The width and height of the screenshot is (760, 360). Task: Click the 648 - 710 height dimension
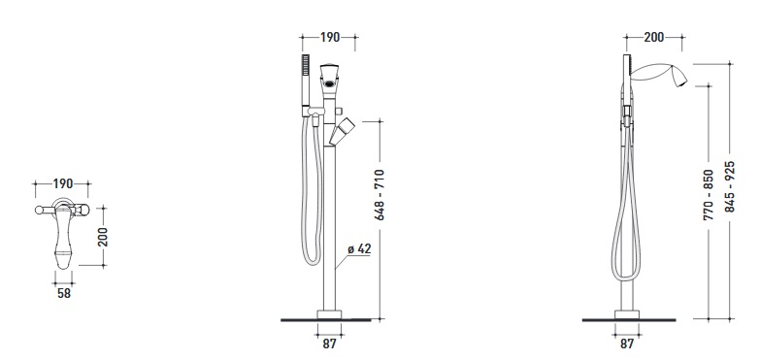coord(380,194)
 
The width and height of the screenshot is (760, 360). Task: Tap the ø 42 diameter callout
coord(359,249)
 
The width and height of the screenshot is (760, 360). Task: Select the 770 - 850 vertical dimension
coord(709,195)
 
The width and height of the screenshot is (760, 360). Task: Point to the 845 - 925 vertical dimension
coord(730,186)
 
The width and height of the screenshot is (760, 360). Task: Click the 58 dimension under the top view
coord(64,293)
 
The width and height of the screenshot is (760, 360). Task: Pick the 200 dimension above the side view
coord(654,37)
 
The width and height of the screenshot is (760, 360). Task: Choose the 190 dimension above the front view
coord(330,37)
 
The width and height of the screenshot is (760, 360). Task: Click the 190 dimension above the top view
coord(63,183)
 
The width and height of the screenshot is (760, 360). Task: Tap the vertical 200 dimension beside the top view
coord(103,237)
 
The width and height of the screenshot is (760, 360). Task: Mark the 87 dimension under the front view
coord(330,344)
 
